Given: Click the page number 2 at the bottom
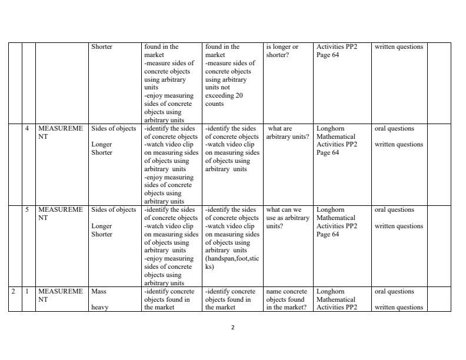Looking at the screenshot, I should [x=233, y=328].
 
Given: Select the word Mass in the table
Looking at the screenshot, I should [x=99, y=291].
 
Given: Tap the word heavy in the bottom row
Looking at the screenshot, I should [x=100, y=307].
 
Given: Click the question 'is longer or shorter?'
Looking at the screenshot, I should [x=282, y=51].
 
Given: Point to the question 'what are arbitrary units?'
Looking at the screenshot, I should [x=287, y=132].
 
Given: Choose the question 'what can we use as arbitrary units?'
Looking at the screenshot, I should [x=287, y=218].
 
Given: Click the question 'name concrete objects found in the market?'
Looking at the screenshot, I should [x=287, y=299].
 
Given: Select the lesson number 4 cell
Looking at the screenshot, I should [x=28, y=128].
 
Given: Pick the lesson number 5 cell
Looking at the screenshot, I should [x=28, y=209].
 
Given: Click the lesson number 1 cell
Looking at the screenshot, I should [x=28, y=291].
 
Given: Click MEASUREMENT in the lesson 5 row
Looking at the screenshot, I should [x=61, y=214].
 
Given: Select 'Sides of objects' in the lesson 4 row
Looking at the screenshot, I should [x=114, y=128].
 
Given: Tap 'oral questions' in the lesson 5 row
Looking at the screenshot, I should [x=394, y=209].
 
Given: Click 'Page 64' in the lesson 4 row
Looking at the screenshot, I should [x=328, y=152].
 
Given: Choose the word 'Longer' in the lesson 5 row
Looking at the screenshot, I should [x=102, y=226].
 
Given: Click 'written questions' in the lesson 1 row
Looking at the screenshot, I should [x=398, y=307].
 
